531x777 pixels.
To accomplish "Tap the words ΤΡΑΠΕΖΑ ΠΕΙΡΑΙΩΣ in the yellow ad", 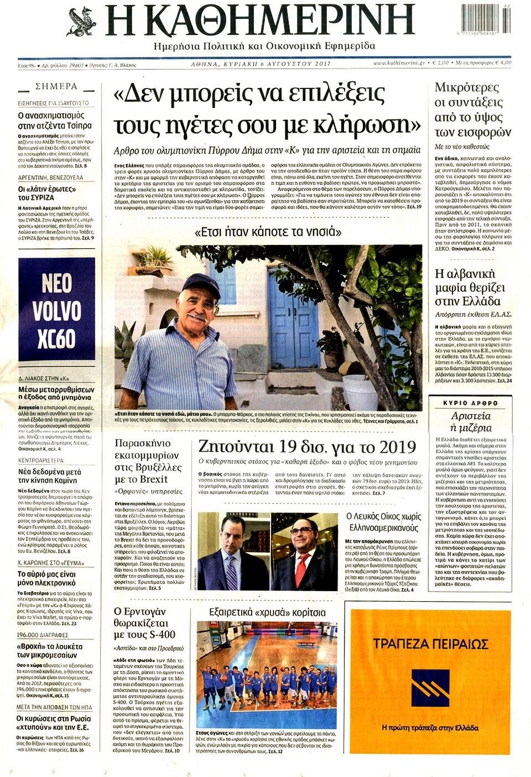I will [x=430, y=644].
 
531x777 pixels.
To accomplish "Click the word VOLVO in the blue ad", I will [x=56, y=311].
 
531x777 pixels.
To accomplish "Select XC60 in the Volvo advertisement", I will [x=56, y=338].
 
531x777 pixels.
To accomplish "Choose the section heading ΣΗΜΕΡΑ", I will [x=56, y=86].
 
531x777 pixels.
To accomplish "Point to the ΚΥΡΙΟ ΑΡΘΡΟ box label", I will [x=470, y=403].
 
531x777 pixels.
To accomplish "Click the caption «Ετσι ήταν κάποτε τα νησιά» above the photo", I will [x=268, y=233].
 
